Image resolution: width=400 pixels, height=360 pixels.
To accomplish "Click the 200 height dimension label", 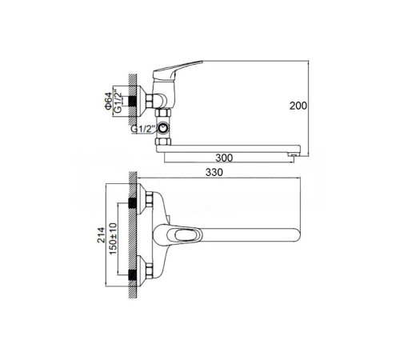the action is [298, 106].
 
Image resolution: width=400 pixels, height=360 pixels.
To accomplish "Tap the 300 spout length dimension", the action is [224, 158].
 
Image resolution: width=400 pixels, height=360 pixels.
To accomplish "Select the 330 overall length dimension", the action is [214, 172].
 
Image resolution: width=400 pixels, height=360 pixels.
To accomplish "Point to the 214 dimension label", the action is [101, 235].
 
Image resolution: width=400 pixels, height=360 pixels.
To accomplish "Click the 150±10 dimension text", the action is [113, 238].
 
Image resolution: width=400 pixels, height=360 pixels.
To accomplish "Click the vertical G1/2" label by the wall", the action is [118, 102].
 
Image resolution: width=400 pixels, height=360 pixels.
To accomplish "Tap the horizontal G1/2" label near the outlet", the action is [143, 129].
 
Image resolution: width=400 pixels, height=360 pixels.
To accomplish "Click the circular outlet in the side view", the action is [162, 129].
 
